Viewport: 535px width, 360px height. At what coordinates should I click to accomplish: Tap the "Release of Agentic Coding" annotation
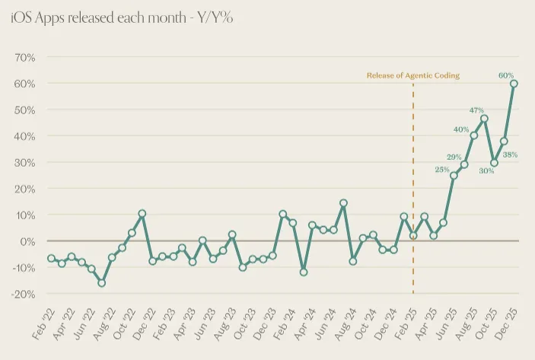point(412,75)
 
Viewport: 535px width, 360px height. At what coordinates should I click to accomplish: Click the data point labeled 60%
point(514,84)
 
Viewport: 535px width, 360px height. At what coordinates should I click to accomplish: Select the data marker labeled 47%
point(484,119)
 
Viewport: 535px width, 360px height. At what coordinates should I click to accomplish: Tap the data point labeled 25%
point(454,176)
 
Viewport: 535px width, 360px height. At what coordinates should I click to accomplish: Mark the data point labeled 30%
point(495,162)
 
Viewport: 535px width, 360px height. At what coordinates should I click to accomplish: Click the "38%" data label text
point(510,155)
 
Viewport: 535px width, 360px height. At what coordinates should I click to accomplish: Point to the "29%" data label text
point(454,156)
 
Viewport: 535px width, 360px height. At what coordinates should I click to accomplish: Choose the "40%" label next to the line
point(461,129)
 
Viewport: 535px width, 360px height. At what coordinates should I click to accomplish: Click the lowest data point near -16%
point(101,283)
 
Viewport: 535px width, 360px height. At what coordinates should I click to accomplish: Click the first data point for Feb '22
point(51,259)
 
